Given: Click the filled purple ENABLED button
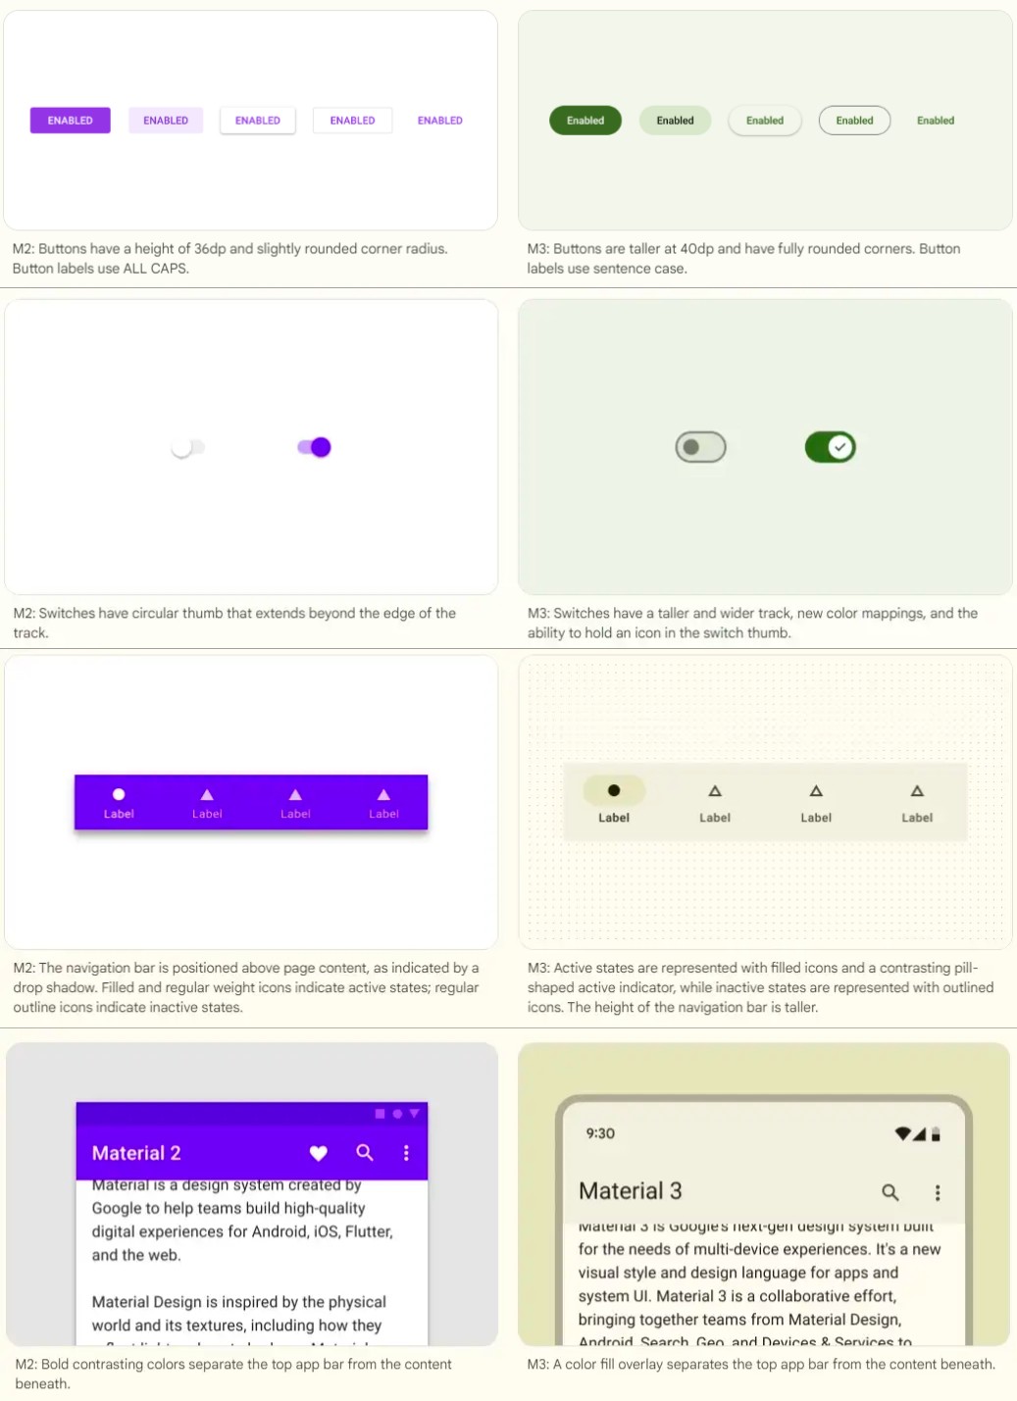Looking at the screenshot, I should [70, 121].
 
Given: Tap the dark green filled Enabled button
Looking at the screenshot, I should [585, 121].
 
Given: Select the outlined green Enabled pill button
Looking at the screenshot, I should [854, 121].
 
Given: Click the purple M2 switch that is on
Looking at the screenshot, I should [315, 447].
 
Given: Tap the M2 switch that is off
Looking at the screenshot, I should [187, 448].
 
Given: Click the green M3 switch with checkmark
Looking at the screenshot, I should [830, 447].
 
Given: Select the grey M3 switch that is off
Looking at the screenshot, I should [700, 447].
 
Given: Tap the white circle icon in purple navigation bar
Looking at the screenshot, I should [119, 794].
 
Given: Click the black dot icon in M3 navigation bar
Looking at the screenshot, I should [614, 790].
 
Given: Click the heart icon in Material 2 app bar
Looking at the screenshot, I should [319, 1153].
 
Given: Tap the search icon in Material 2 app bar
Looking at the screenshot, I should [365, 1153].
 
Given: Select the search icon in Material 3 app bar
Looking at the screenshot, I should [890, 1192].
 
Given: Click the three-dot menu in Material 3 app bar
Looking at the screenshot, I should [938, 1192].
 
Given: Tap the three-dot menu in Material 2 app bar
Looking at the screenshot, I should [406, 1153].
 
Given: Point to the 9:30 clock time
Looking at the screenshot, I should [600, 1133].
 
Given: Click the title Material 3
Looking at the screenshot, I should [630, 1191].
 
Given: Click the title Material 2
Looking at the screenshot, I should [136, 1153].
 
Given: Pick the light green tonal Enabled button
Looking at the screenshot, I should [675, 121].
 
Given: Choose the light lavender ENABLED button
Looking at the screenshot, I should [165, 121].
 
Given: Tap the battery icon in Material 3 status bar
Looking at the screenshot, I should [936, 1134].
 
